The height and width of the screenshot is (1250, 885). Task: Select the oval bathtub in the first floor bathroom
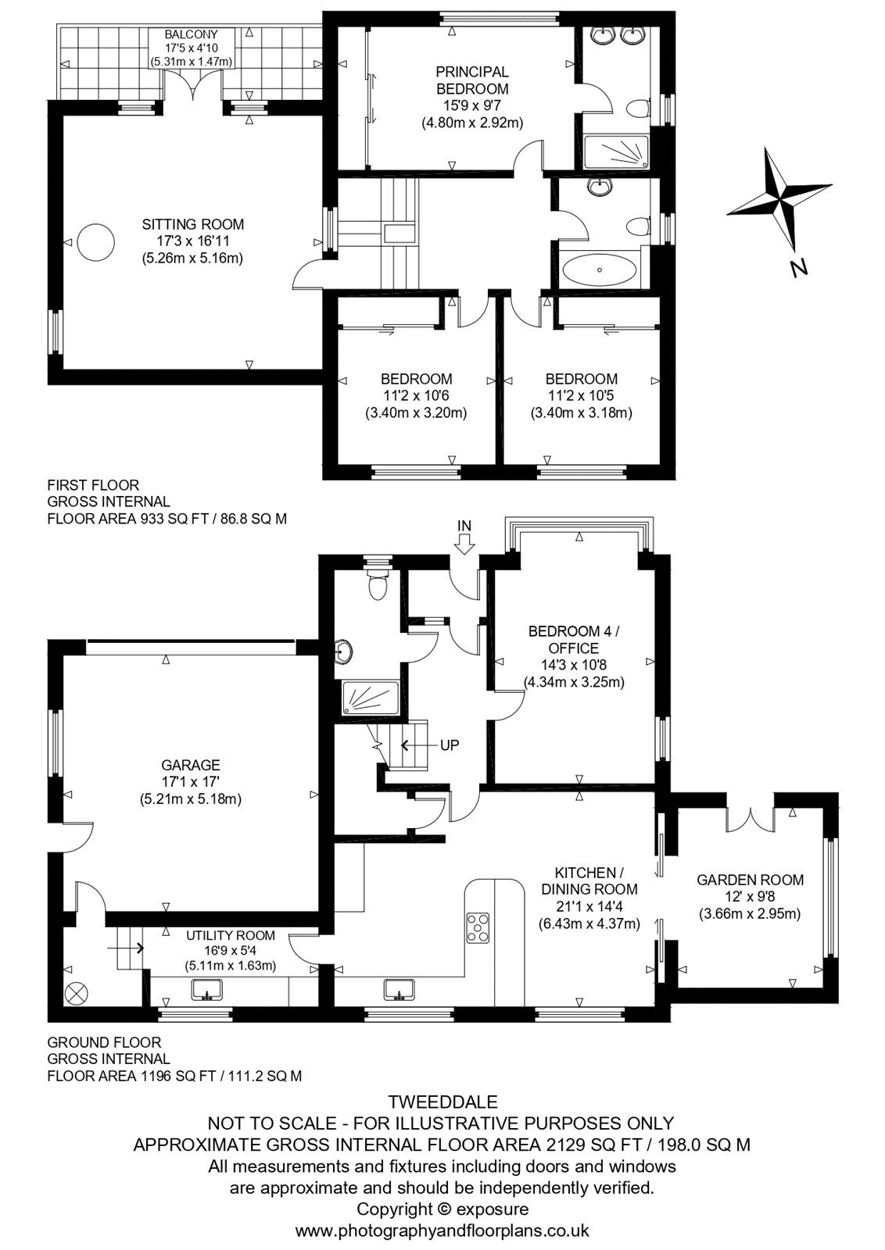click(599, 270)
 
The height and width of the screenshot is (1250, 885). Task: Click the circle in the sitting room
click(95, 242)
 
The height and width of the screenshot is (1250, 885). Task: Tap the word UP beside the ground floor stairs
click(450, 745)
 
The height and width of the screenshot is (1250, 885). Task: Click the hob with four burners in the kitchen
click(478, 927)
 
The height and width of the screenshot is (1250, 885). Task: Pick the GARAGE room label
click(191, 765)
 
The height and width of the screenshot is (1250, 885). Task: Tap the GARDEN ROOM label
click(750, 880)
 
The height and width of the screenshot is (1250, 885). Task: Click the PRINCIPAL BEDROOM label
click(472, 80)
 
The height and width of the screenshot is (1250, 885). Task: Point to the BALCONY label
click(192, 35)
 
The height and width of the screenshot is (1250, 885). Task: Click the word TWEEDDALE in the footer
click(442, 1102)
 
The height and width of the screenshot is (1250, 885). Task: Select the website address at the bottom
click(442, 1230)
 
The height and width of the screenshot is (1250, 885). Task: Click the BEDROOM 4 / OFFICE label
click(573, 640)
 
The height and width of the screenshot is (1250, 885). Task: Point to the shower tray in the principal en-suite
click(616, 152)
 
